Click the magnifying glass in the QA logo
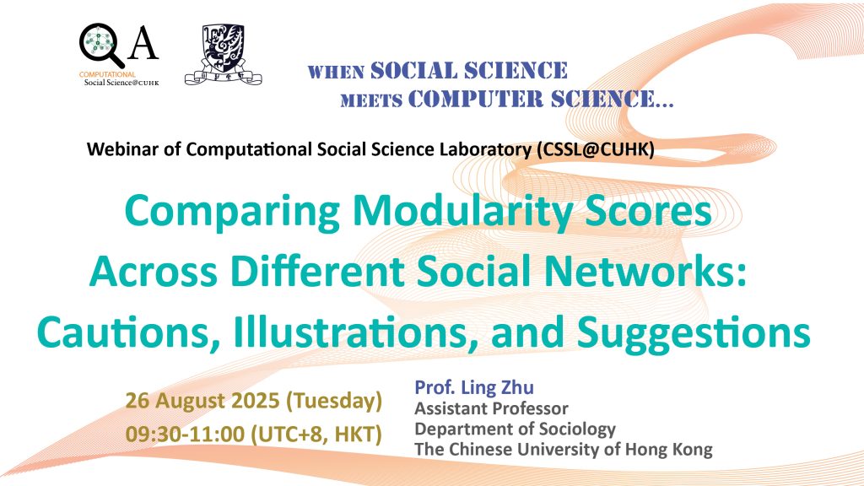(x=100, y=45)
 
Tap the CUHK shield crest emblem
(x=223, y=54)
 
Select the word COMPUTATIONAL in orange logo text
(x=107, y=74)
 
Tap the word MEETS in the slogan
(x=371, y=101)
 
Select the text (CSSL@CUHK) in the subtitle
(x=596, y=149)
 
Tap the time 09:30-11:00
(x=185, y=435)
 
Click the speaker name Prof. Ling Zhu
(x=474, y=387)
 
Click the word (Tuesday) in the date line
(x=334, y=401)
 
